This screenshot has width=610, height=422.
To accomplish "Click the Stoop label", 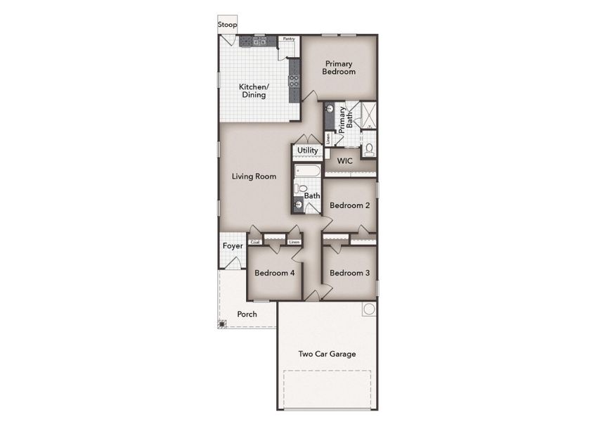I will pos(227,25).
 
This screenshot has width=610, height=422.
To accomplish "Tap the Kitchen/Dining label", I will pos(254,91).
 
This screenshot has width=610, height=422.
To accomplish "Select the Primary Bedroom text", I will pos(339,68).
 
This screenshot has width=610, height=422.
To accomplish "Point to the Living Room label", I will pos(254,176).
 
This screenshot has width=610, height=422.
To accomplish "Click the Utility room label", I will pos(307,151).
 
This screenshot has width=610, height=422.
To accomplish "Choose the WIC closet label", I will pos(344,161).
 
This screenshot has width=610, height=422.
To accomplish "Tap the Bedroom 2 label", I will pos(349,205).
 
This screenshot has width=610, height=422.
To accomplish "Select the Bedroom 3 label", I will pos(349,273).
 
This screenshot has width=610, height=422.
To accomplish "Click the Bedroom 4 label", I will pos(274,273).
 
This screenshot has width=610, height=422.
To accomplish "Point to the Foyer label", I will pos(233,246).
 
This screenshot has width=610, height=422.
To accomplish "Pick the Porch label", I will pos(246,314).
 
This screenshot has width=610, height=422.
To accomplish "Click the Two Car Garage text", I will pos(327,354).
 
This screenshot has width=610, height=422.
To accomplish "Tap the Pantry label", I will pos(287,39).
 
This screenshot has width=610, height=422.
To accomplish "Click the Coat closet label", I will pos(255,243).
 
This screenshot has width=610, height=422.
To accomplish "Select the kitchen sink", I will pos(259,41).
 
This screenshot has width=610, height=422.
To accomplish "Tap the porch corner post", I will pos(222,324).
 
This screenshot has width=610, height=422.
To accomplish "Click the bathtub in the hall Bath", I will pos(308,171).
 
